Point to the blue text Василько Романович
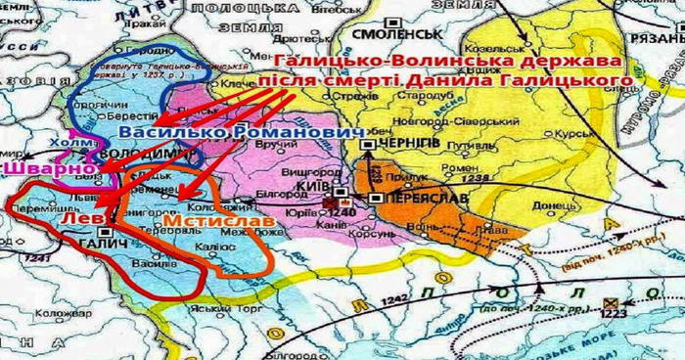pos(234,131)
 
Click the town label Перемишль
pos(36,209)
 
